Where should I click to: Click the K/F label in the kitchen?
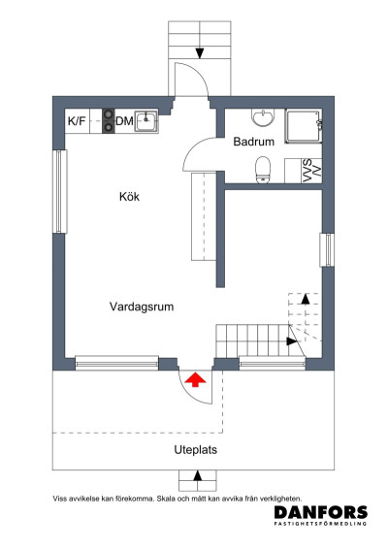coord(76,121)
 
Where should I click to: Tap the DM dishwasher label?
coord(124,121)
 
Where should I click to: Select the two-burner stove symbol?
coord(104,121)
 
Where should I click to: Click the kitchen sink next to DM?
coord(146,121)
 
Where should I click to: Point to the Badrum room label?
coord(254,142)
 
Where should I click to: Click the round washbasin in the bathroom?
coord(262,118)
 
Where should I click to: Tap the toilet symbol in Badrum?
coord(261,170)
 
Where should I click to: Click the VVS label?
coord(307,169)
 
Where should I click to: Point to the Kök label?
coord(130,197)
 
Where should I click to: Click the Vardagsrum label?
coord(141,307)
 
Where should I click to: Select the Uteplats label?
coord(195,449)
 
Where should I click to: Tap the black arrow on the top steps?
coord(199,52)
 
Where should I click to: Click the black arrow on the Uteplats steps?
coord(198,476)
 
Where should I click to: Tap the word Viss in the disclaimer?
coord(61,498)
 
